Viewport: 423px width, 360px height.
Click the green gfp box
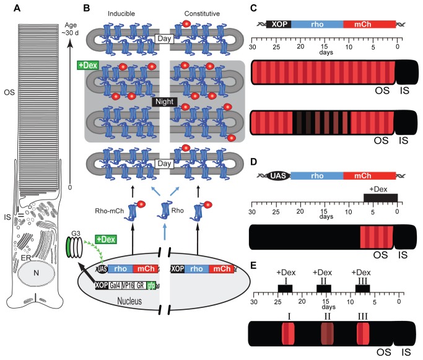click(x=150, y=285)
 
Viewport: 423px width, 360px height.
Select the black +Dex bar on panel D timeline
click(x=380, y=196)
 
